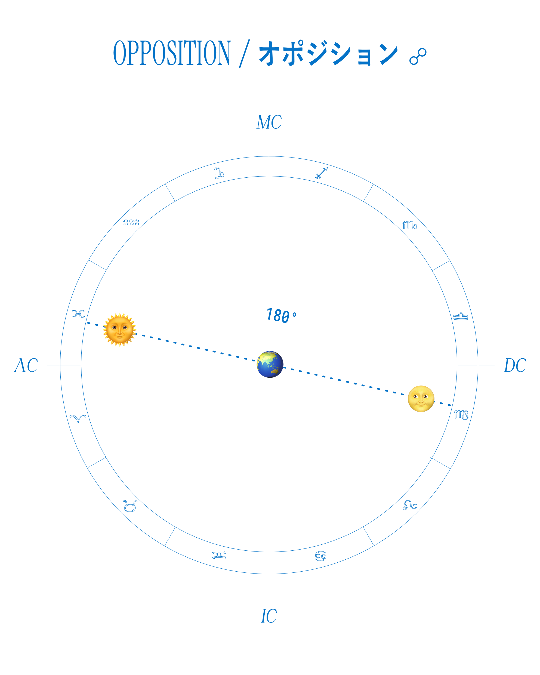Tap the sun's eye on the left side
(x=115, y=328)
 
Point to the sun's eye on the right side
(x=125, y=328)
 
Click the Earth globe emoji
(x=270, y=364)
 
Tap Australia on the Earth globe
(x=275, y=371)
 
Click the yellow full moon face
(x=421, y=398)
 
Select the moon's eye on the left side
(x=416, y=397)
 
